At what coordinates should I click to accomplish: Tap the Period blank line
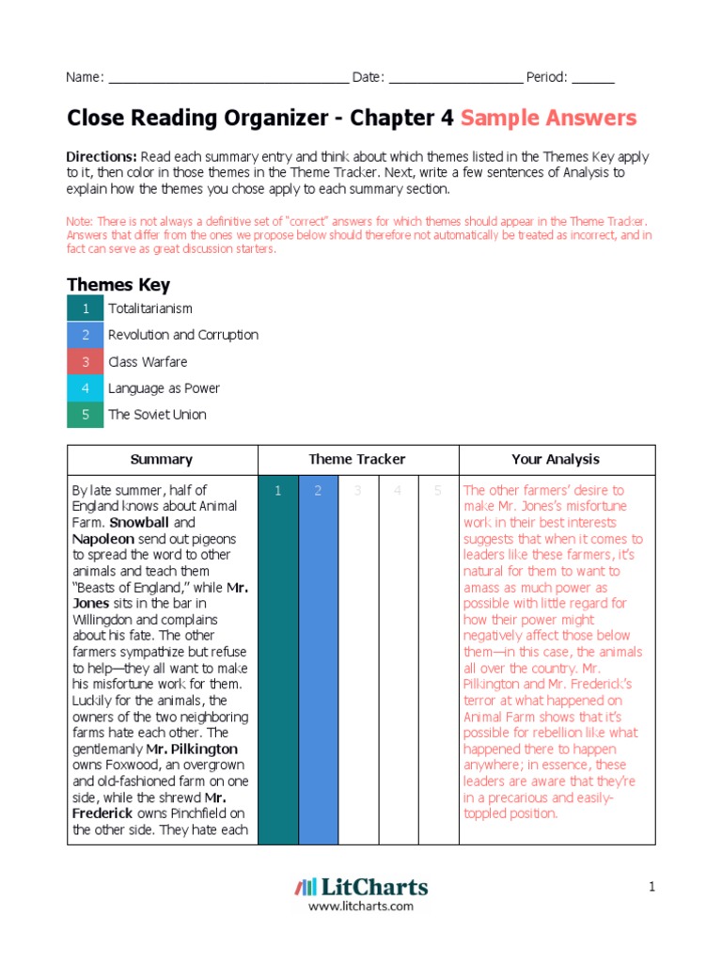point(592,78)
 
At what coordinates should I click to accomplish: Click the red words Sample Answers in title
point(548,118)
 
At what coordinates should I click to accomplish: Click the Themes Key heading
point(118,285)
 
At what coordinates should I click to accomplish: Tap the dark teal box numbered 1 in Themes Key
point(86,309)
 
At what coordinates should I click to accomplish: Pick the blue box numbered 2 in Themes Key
point(86,336)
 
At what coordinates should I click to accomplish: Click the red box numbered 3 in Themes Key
point(86,362)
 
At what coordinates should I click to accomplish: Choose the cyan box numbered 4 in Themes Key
point(86,388)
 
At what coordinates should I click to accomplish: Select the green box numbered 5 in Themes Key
point(86,415)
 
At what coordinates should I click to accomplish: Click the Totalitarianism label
point(150,309)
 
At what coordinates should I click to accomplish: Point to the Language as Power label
point(158,388)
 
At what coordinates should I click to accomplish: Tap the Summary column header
point(162,460)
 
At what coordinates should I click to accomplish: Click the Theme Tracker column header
point(357,460)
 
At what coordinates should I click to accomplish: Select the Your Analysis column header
point(556,460)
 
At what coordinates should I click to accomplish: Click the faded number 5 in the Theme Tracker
point(437,491)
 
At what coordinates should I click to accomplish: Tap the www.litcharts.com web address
point(361,907)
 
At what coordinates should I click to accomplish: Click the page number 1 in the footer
point(650,887)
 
